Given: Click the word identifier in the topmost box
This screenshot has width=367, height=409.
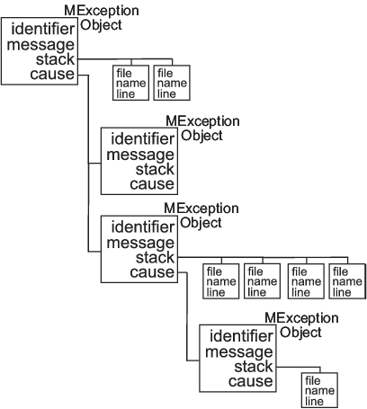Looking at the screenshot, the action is point(43,29).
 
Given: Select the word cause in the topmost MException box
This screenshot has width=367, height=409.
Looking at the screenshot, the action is point(52,74).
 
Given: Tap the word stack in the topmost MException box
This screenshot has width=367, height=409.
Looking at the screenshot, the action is point(55,59).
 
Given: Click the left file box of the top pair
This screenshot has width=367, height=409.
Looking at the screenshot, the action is point(131,83).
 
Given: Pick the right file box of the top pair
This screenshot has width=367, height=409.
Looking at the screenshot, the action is point(172,83).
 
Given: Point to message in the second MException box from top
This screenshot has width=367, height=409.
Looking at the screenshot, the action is point(140,156).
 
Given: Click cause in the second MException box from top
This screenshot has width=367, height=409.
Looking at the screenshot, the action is point(152,184).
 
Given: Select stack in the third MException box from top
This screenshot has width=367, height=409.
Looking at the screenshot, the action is point(155,257).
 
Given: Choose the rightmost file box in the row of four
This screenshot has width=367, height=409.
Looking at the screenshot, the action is point(347,281).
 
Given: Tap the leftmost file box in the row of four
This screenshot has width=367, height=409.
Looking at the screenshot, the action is point(221,281).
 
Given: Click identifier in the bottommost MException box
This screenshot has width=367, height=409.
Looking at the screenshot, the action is point(241,336).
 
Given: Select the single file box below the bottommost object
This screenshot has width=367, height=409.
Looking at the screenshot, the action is point(319,390).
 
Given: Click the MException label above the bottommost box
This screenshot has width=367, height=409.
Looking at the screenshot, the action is point(301,318).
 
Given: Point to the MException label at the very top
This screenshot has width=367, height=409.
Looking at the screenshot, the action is point(102,11).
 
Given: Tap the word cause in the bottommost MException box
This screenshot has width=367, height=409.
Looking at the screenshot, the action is point(251,381).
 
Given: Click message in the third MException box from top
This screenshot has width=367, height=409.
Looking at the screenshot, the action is point(140,243).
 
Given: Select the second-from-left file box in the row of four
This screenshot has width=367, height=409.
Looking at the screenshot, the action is point(263,281).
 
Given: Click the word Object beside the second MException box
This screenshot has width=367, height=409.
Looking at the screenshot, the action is point(201,136).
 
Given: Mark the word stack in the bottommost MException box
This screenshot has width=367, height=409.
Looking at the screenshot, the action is point(254,367).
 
